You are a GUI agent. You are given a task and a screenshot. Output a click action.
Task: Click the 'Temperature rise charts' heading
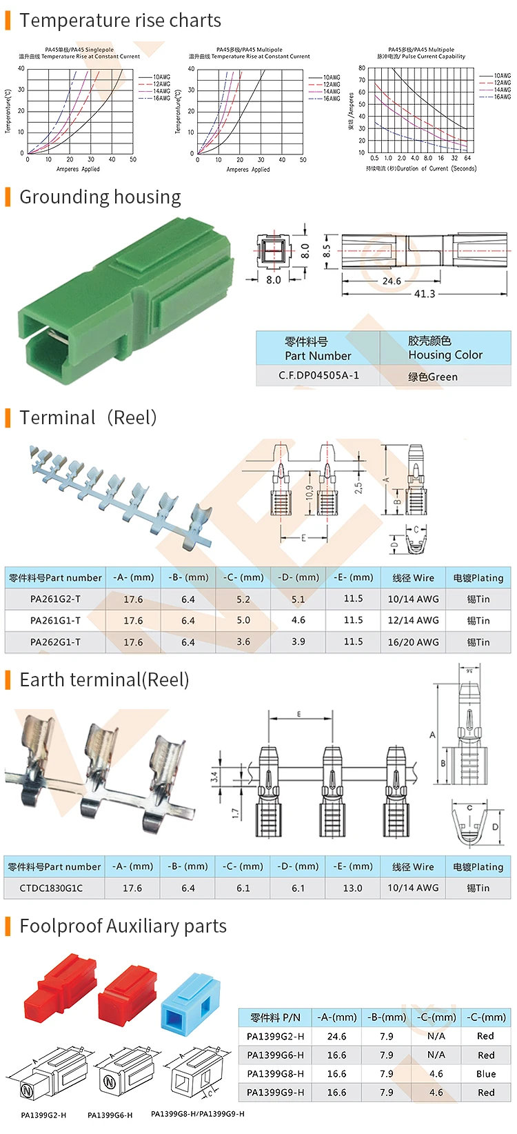click(120, 21)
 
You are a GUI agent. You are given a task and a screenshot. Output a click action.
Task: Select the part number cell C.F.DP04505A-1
click(318, 376)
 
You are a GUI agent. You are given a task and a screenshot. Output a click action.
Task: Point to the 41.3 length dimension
click(425, 294)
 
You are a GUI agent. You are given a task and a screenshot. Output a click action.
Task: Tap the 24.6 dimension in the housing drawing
click(392, 281)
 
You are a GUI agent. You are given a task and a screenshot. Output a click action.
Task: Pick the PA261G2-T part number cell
click(55, 599)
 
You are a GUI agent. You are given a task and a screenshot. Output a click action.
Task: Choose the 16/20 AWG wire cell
click(413, 642)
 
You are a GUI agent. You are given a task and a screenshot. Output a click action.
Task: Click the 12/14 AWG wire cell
click(413, 621)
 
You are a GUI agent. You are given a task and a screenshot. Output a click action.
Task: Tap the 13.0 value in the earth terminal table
click(353, 888)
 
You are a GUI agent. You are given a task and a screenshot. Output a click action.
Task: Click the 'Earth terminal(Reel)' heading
click(104, 680)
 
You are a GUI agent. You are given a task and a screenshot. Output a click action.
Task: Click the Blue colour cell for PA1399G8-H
click(486, 1074)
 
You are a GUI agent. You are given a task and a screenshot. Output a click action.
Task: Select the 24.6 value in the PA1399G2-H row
click(336, 1037)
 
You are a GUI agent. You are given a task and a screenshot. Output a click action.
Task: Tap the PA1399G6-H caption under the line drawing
click(110, 1115)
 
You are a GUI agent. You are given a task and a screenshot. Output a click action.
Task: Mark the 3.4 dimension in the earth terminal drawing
click(215, 776)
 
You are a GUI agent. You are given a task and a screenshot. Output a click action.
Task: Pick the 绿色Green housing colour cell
click(433, 377)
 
